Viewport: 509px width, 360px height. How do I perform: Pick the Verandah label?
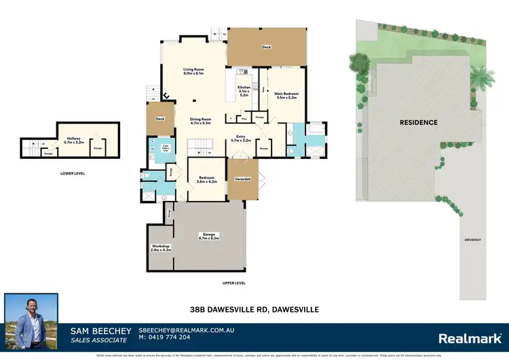(243, 178)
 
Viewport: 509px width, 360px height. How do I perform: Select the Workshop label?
(161, 247)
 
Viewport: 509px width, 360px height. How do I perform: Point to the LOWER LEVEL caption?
(71, 173)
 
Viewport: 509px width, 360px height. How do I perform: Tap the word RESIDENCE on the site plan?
(418, 122)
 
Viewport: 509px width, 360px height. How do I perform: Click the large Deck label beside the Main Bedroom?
(267, 48)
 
